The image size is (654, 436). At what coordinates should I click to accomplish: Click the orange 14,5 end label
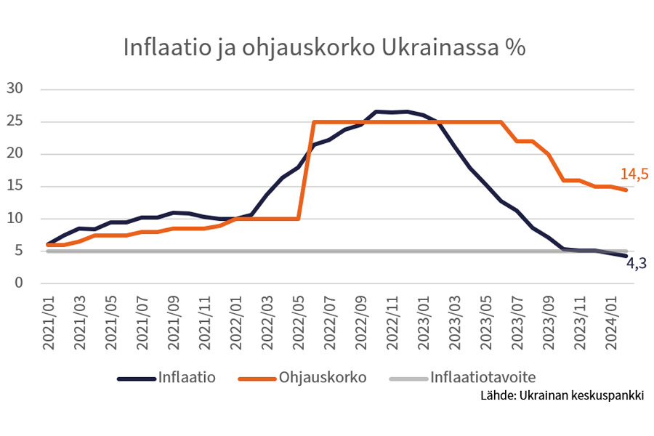(634, 174)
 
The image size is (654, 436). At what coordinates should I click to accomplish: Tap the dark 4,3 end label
(636, 264)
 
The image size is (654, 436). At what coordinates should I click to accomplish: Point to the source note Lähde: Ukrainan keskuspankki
(562, 396)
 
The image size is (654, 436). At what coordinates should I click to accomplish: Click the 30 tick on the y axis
(15, 89)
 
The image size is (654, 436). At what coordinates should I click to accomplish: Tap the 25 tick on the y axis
(15, 121)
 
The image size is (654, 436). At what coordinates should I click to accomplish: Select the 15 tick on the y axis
(15, 186)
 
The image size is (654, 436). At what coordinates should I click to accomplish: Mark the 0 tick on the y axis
(19, 283)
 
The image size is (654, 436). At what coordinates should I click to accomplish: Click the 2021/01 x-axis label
(49, 321)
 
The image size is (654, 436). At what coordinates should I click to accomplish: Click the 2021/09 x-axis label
(174, 321)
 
